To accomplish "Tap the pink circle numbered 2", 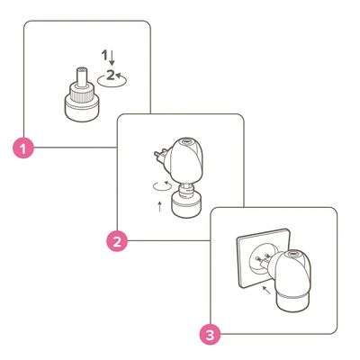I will pyautogui.click(x=115, y=240).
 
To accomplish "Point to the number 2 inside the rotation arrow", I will pyautogui.click(x=110, y=76).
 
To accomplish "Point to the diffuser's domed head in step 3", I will pyautogui.click(x=298, y=274).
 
